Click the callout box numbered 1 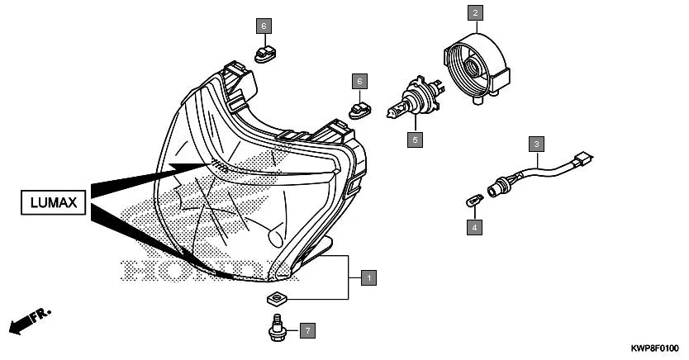point(369,277)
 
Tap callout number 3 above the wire point(536,144)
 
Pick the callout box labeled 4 point(474,225)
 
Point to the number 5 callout point(416,139)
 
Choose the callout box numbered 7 point(306,331)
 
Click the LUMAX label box point(53,202)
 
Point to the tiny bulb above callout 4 point(471,199)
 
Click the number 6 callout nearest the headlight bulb point(359,81)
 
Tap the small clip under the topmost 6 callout point(264,54)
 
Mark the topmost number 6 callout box point(264,26)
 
